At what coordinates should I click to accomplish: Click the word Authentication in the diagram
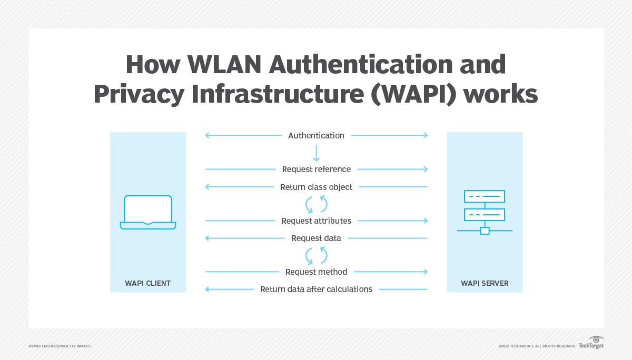[316, 136]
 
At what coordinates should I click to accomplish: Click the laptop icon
[148, 212]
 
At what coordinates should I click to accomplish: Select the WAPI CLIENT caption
[148, 283]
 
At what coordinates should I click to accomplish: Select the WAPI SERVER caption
[485, 283]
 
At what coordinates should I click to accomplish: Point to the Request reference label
[316, 169]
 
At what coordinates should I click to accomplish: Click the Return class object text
[316, 187]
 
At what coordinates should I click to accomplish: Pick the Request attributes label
[316, 221]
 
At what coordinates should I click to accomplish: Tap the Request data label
[316, 238]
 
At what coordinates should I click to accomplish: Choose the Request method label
[316, 272]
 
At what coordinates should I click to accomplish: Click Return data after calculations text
[316, 289]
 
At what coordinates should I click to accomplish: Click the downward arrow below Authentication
[316, 153]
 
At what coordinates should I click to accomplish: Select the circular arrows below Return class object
[317, 204]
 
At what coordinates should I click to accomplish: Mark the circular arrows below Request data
[317, 255]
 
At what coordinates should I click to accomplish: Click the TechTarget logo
[591, 343]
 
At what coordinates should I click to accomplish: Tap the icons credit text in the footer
[60, 346]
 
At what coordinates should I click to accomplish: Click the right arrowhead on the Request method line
[425, 272]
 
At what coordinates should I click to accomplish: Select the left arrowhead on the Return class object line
[208, 187]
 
